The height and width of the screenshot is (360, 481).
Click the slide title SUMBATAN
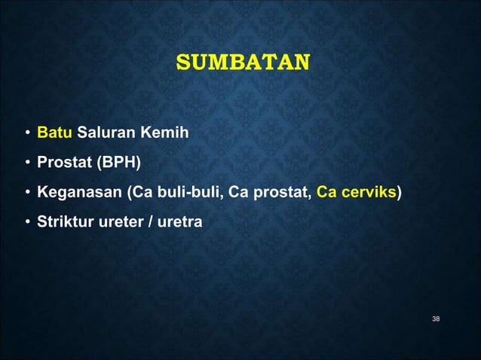point(242,62)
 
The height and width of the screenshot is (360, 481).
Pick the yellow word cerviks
point(367,193)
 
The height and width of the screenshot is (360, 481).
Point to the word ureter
point(114,222)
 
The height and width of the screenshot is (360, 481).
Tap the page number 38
point(436,320)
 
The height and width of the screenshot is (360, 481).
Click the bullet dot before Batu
point(26,135)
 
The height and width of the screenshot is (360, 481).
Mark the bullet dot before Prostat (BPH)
point(26,164)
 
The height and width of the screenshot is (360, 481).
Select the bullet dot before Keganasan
point(26,194)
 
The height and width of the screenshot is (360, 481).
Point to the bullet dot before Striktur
point(26,223)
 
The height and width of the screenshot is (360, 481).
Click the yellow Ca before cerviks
point(326,193)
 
